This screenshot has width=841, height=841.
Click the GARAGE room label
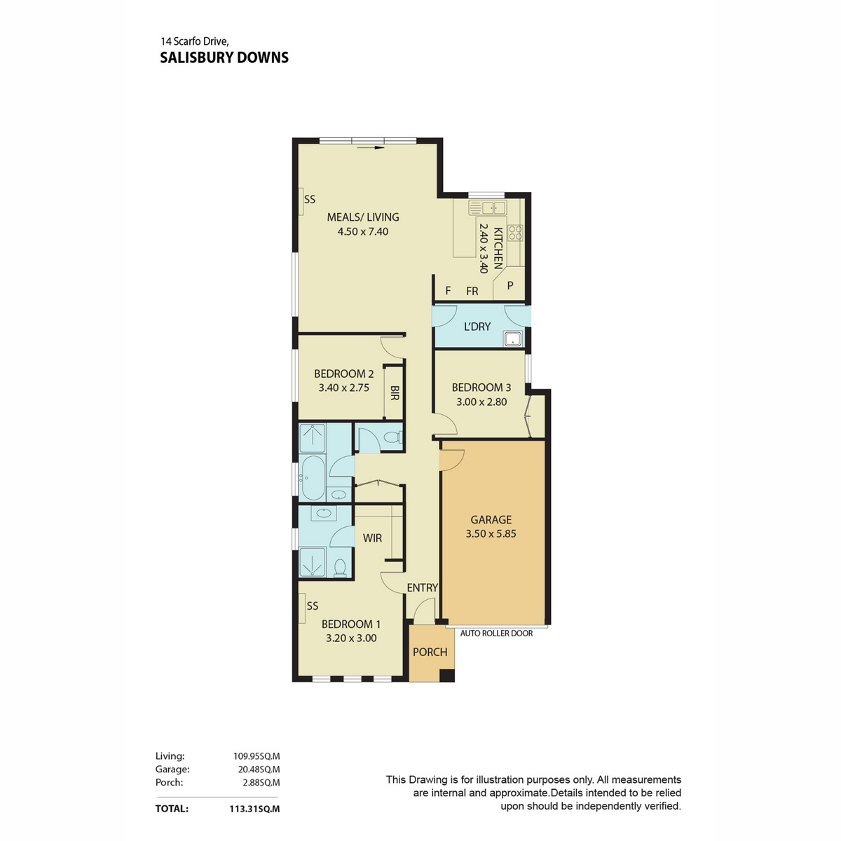(491, 519)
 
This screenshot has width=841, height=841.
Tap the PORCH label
(430, 652)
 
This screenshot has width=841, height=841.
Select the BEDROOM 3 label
(481, 388)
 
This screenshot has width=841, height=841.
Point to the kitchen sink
(487, 207)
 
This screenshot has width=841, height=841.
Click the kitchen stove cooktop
(517, 233)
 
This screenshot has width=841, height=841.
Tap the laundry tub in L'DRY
(513, 339)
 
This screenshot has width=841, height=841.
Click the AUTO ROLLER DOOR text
(496, 634)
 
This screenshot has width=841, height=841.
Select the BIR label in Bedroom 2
(395, 392)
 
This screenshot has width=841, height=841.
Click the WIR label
(372, 538)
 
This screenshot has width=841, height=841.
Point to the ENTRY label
(422, 588)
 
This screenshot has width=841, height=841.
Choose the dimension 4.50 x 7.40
(362, 231)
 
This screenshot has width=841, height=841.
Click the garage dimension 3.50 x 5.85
(491, 533)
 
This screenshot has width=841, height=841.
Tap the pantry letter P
(510, 285)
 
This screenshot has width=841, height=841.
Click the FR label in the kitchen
(472, 291)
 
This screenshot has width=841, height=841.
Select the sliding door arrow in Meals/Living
(370, 148)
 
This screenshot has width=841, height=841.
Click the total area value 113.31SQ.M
(254, 809)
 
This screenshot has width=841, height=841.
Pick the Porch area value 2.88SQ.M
(261, 783)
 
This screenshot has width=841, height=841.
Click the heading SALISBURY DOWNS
(224, 57)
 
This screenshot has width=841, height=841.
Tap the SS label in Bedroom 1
(313, 606)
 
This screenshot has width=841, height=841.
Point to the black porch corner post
(446, 675)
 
